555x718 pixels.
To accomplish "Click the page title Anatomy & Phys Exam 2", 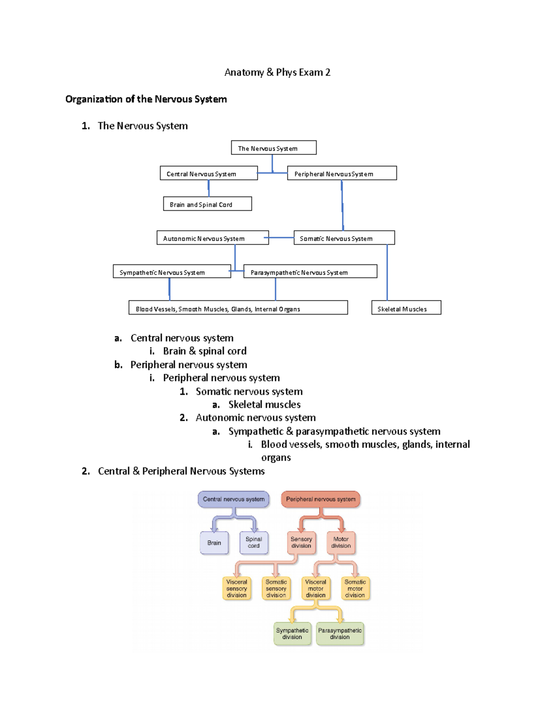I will click(x=277, y=72).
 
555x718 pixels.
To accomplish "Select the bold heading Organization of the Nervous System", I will click(x=146, y=99).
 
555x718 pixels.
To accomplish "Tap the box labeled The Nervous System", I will click(x=273, y=148).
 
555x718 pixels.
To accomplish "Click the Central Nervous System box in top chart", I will click(x=209, y=173).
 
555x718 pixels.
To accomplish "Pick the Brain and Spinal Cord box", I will click(x=207, y=204).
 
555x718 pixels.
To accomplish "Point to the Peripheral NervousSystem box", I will click(x=342, y=173).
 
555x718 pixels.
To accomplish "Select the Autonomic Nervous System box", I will click(x=212, y=238).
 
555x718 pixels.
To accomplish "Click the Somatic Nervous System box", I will click(x=344, y=238).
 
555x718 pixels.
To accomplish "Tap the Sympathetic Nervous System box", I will click(x=172, y=272).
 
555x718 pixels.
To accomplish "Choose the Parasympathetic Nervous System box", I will click(x=310, y=272).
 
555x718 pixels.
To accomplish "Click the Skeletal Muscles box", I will click(x=406, y=308).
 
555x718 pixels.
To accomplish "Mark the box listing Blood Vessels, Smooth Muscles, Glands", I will click(x=238, y=308).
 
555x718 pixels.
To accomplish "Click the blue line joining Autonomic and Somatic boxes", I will click(x=281, y=238).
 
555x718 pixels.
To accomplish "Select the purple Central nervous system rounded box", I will click(x=234, y=499).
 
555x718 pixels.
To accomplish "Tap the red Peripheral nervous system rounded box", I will click(x=321, y=499).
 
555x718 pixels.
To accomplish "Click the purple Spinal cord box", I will click(x=253, y=542).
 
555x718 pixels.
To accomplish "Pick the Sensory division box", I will click(x=301, y=542).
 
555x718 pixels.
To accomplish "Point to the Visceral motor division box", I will click(x=315, y=588).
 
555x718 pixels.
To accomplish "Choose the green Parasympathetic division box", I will click(x=339, y=633).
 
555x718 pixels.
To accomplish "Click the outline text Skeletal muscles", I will click(x=264, y=405).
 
